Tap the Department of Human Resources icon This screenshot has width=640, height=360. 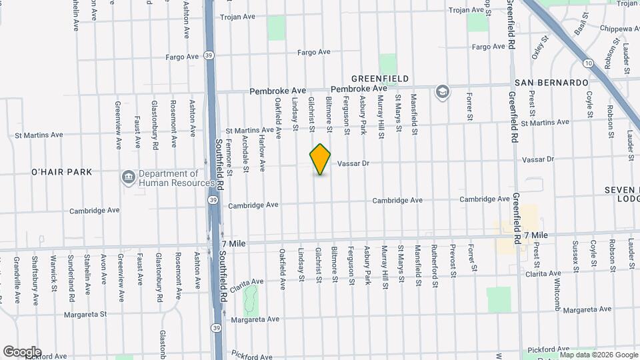(x=127, y=177)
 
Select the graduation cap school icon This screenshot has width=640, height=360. (x=441, y=92)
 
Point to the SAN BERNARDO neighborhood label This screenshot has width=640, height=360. (x=551, y=82)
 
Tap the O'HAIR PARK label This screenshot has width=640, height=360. (x=61, y=172)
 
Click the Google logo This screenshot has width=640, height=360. (x=21, y=352)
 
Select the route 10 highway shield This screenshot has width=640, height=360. (x=587, y=63)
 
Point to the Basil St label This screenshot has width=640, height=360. (x=579, y=27)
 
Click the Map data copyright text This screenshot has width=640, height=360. (x=598, y=355)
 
